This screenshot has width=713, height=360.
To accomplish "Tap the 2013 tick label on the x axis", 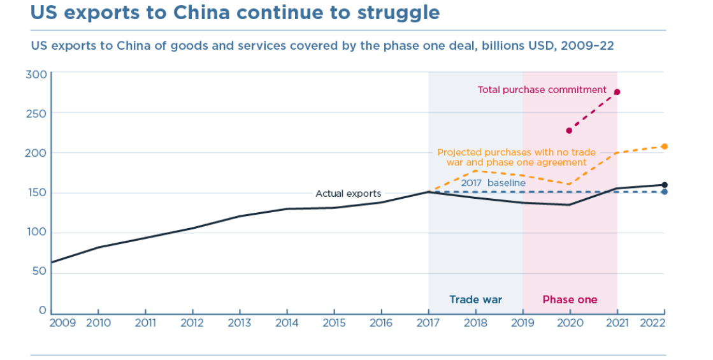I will pyautogui.click(x=240, y=323).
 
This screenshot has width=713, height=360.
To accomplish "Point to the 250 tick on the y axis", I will pyautogui.click(x=37, y=113).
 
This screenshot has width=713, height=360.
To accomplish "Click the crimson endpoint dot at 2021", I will pyautogui.click(x=617, y=92).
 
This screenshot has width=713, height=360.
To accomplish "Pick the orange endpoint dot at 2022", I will pyautogui.click(x=664, y=147).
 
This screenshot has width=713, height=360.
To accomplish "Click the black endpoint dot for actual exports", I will pyautogui.click(x=664, y=185).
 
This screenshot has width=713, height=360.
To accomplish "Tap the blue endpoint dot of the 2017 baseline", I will pyautogui.click(x=664, y=192).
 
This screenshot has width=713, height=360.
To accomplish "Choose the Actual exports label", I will pyautogui.click(x=348, y=194).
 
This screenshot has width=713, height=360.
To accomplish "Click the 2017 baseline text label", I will pyautogui.click(x=493, y=183).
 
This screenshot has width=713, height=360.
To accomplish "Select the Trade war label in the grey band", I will pyautogui.click(x=475, y=299).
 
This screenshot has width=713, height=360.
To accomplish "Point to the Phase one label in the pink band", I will pyautogui.click(x=570, y=299).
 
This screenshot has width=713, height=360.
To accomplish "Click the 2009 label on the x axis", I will pyautogui.click(x=62, y=323).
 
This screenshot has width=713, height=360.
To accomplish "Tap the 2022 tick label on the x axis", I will pyautogui.click(x=652, y=323).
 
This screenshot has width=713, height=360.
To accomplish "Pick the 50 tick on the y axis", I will pyautogui.click(x=40, y=271).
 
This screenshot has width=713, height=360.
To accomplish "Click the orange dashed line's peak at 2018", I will pyautogui.click(x=475, y=171).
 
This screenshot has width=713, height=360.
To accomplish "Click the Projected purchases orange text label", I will pyautogui.click(x=516, y=157).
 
